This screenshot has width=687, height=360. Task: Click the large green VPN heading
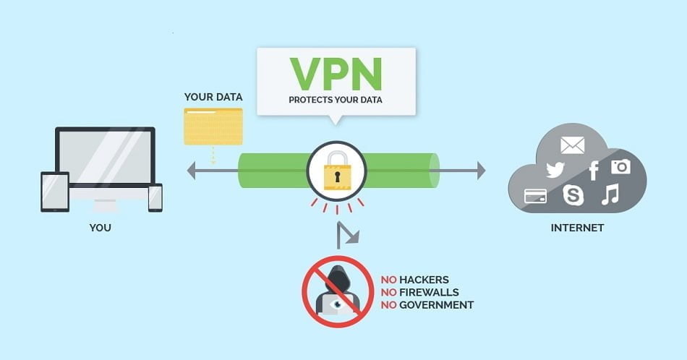(x=336, y=72)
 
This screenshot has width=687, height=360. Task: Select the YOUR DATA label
(x=213, y=97)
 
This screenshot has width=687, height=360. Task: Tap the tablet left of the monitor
(x=55, y=192)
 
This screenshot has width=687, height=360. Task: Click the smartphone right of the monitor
(x=155, y=197)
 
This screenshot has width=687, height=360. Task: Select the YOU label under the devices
(x=100, y=228)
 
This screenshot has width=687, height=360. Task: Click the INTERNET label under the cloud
(x=577, y=228)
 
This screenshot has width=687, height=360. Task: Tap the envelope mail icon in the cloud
(x=572, y=145)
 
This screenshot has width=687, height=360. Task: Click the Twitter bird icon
(x=555, y=170)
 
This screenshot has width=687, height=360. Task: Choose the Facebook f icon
(x=594, y=171)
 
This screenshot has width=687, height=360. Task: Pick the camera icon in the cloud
(x=620, y=167)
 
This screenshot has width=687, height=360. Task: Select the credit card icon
(x=535, y=196)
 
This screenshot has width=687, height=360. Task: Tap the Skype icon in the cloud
(x=573, y=194)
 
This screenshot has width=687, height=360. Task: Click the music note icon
(x=611, y=194)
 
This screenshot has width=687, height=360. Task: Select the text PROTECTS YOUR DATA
(x=336, y=100)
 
